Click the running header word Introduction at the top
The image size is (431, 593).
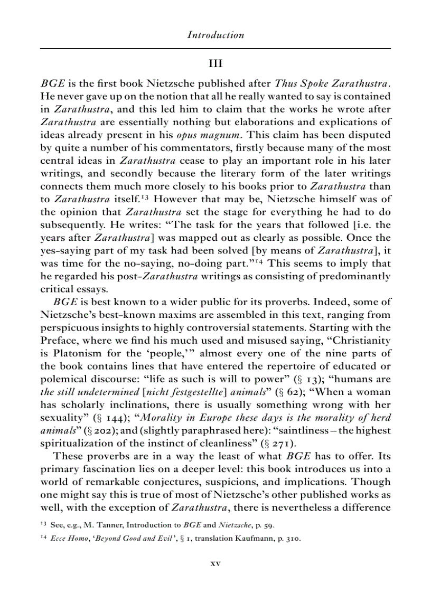[x=215, y=35]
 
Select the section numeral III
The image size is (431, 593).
[x=215, y=64]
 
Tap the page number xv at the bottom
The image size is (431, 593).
[x=215, y=563]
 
